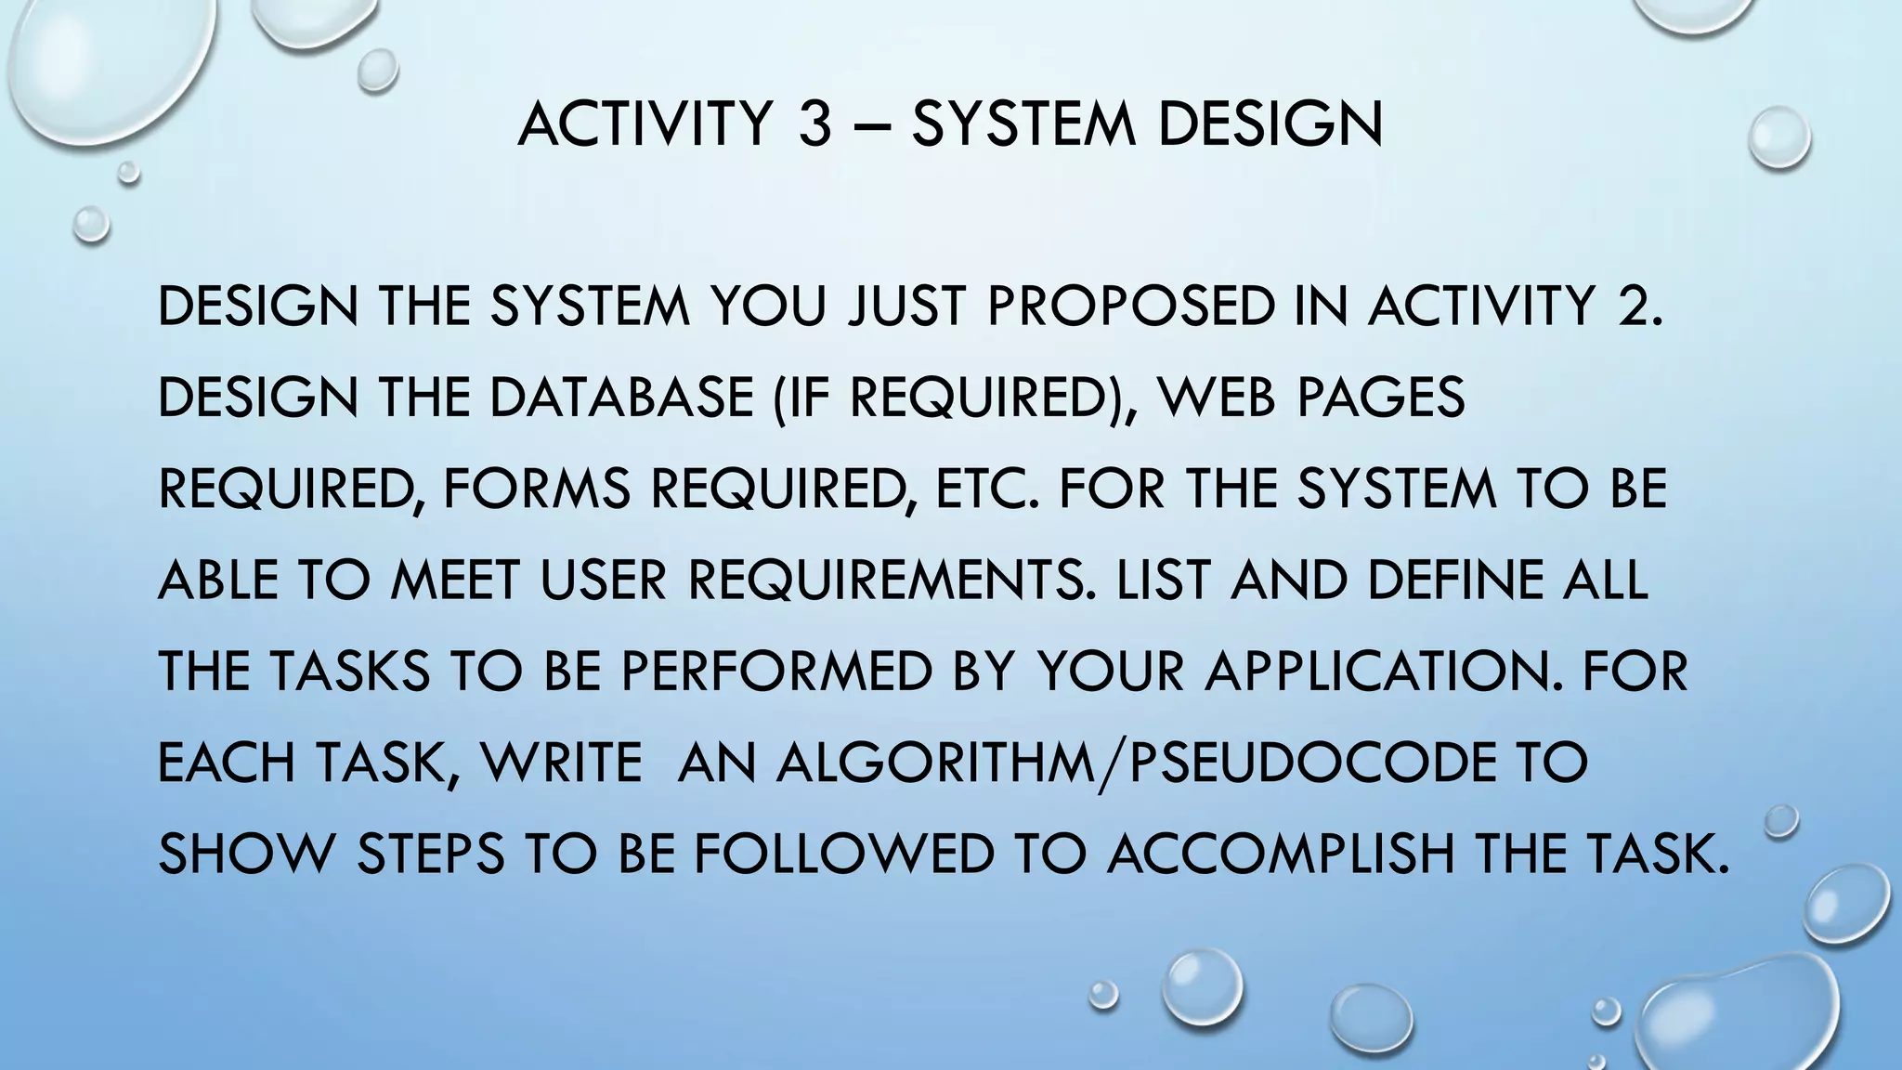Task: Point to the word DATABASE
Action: click(620, 398)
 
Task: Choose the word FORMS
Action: click(537, 489)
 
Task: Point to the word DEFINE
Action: click(1452, 581)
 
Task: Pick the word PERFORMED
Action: click(775, 672)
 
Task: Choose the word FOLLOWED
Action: click(843, 854)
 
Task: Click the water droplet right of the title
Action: click(1778, 137)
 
